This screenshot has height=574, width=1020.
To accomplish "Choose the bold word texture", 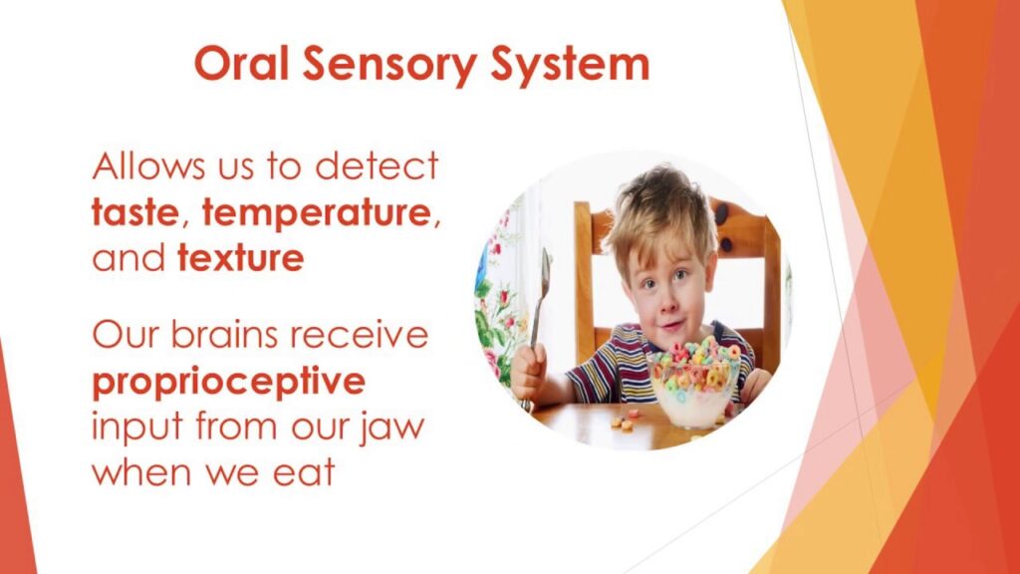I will pos(240,260).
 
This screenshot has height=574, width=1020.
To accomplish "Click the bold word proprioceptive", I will pos(228,383).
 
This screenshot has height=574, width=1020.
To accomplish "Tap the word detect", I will pos(378,166).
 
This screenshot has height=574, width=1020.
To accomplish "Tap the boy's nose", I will pos(670,299).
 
